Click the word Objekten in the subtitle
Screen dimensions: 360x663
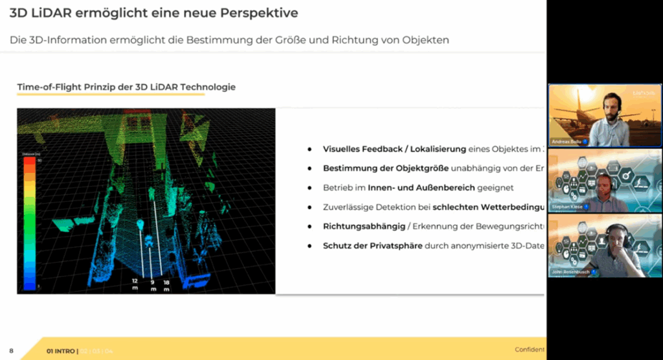tap(424, 40)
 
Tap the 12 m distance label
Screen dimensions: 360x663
tap(134, 284)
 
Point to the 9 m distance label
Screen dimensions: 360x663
tap(153, 285)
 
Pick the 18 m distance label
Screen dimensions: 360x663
tap(167, 285)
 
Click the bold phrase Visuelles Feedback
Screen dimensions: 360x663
tap(361, 149)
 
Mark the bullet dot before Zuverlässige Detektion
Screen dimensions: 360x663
tap(310, 208)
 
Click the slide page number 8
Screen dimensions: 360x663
tap(11, 351)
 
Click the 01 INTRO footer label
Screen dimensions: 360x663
tap(62, 351)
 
